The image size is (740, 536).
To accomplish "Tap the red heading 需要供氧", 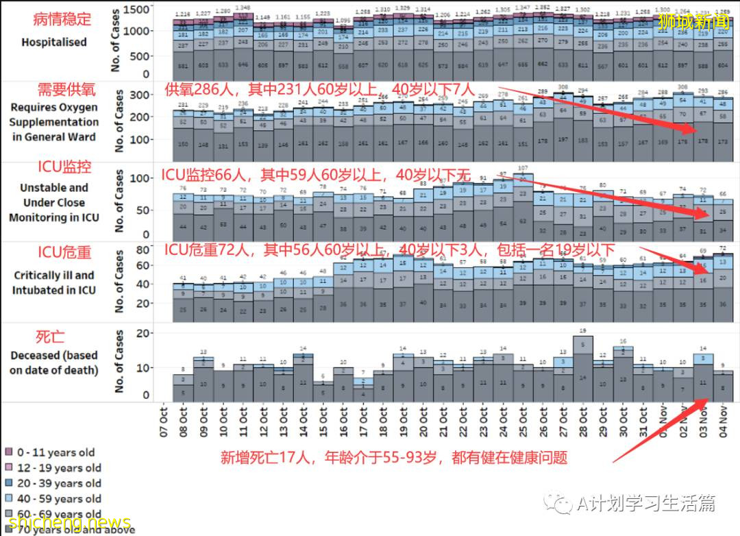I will click(66, 90).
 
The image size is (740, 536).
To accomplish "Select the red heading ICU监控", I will click(64, 168).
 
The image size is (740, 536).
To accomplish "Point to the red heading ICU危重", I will click(64, 252).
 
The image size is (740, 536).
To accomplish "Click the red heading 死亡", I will click(50, 337).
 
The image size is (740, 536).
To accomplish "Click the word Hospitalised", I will click(53, 42).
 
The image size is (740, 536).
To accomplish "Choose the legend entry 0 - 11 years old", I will click(55, 453).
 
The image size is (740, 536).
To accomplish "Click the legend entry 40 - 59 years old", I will click(59, 499).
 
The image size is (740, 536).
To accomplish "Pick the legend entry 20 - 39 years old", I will click(59, 484).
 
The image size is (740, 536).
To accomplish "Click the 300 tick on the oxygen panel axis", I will click(140, 94).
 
